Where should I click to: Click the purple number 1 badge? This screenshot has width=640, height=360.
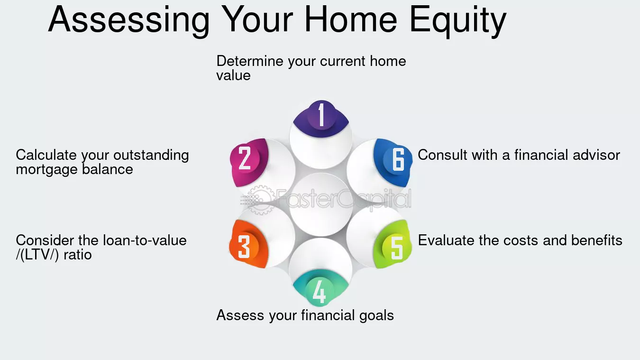point(321,116)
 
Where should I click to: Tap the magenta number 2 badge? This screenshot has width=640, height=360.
point(246,158)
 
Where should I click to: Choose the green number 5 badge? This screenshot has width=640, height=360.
point(396,247)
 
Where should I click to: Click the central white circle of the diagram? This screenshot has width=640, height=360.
point(320,204)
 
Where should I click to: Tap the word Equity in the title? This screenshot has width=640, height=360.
point(458,20)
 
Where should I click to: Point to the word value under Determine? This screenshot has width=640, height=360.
point(233,75)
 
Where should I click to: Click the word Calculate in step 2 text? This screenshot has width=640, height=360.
point(46,155)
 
